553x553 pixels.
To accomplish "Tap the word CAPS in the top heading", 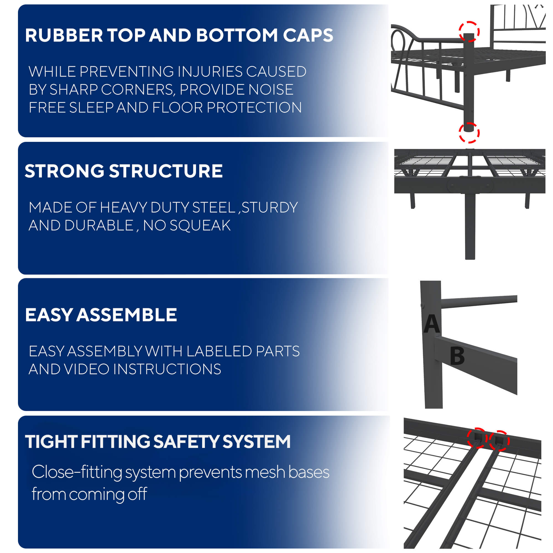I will tap(308, 35).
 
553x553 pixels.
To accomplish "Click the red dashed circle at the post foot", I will tap(469, 132).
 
